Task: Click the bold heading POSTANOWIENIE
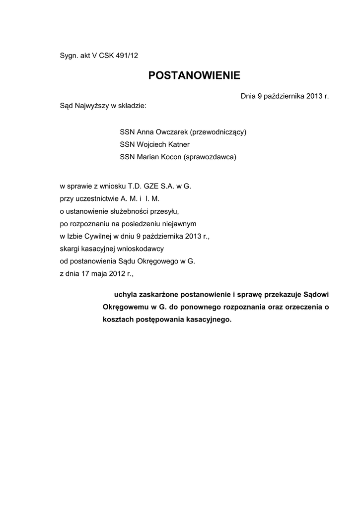194,75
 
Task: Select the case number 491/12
127,56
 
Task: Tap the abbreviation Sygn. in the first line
69,56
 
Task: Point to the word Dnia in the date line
248,96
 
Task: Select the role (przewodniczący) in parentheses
215,132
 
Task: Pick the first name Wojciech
152,145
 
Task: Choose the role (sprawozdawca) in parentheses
210,157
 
